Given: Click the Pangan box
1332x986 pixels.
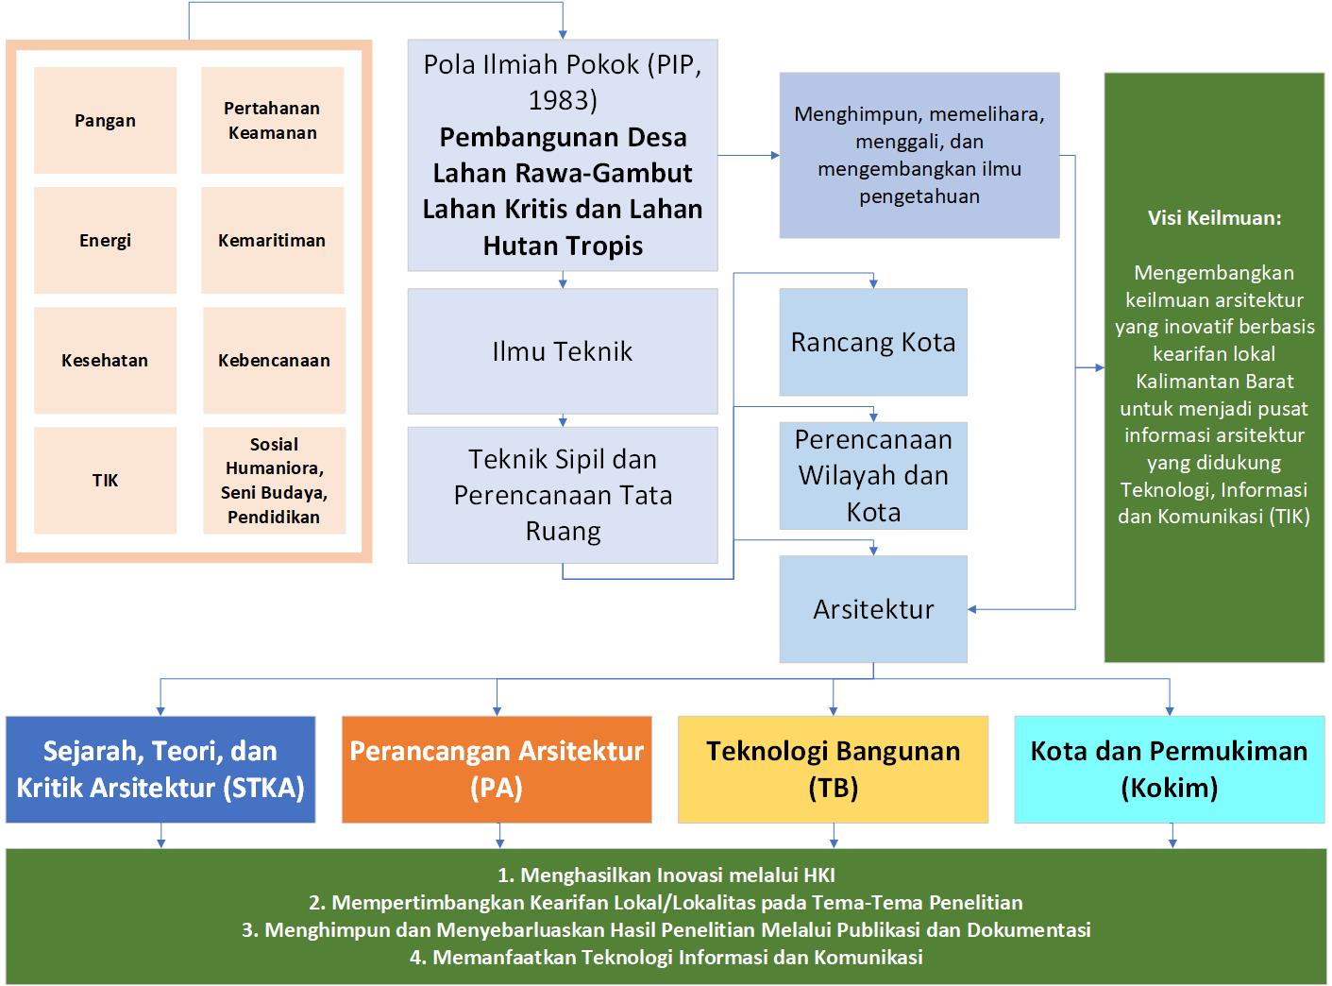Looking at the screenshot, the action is coord(105,120).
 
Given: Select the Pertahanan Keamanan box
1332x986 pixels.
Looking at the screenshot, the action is coord(272,120).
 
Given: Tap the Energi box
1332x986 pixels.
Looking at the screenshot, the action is coord(105,240).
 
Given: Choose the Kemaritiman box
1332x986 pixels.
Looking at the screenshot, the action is coord(272,240).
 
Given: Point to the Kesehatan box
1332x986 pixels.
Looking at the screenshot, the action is coord(105,361).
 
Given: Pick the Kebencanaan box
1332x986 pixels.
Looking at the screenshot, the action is coord(274,361).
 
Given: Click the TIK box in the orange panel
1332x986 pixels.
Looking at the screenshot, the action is coord(105,481).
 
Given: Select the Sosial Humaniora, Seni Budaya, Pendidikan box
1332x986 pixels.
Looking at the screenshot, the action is coord(274,481).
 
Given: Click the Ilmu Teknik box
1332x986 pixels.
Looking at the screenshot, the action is coord(563,351).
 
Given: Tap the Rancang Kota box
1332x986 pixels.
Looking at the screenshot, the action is coord(873,342).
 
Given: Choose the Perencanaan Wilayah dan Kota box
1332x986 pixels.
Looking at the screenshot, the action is coord(873,476).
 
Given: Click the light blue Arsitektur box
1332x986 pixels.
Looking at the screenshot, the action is coord(873,609).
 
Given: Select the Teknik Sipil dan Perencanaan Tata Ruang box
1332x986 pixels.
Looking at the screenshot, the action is coord(563,495).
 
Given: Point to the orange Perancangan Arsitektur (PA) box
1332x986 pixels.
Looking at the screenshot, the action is coord(497,769).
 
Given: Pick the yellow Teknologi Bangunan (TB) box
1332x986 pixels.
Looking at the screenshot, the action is coord(833,769).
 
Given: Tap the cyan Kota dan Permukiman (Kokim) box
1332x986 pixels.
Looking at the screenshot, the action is coord(1170,769).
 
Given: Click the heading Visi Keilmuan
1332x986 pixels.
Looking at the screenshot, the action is coord(1214,217).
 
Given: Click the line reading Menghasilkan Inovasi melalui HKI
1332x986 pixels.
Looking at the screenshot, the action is coord(666,875).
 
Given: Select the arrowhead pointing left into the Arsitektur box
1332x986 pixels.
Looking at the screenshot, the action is coord(972,609).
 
